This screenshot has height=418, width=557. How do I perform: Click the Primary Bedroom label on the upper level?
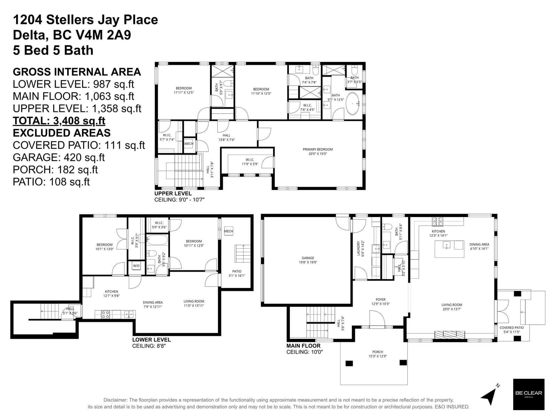(x=317, y=151)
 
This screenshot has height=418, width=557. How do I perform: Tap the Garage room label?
(x=308, y=260)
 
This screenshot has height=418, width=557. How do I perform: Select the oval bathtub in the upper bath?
(x=352, y=103)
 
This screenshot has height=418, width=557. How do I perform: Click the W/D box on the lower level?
(x=136, y=266)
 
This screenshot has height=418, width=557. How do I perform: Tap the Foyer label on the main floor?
(x=381, y=302)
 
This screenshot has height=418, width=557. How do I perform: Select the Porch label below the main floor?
(x=378, y=354)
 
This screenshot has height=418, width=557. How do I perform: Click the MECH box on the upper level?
(x=189, y=144)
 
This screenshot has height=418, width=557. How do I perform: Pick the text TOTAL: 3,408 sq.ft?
(x=59, y=121)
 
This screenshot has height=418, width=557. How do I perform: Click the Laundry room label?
(x=360, y=248)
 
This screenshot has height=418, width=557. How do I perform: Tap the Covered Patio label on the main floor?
(x=512, y=330)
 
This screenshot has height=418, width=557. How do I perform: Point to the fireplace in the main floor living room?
(x=450, y=335)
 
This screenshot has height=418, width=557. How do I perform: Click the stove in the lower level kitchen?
(x=105, y=315)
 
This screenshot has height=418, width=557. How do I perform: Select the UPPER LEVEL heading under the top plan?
(x=173, y=193)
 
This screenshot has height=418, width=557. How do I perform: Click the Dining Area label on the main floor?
(x=479, y=246)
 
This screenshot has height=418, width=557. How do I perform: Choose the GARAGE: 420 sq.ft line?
(x=58, y=157)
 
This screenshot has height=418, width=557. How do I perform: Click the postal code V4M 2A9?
(x=103, y=35)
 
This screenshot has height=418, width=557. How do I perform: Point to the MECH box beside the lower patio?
(x=228, y=231)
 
